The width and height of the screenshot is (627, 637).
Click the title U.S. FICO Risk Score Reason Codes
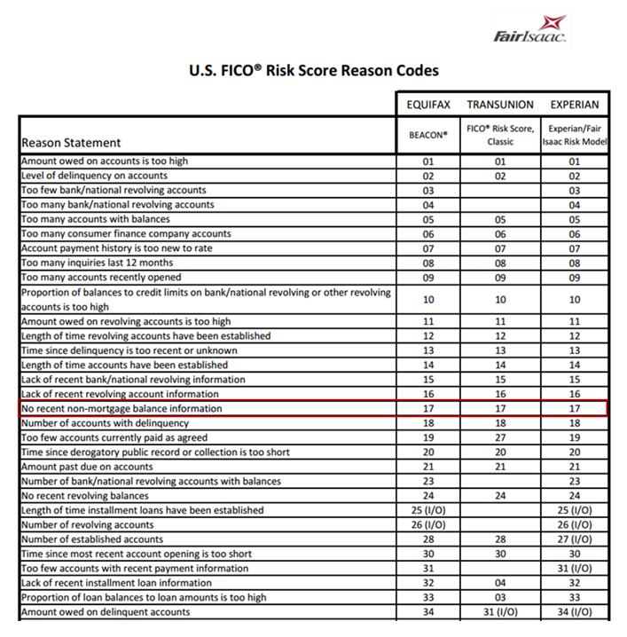[314, 70]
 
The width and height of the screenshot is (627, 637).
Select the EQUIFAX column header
[428, 105]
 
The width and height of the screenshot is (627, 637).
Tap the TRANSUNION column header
[500, 105]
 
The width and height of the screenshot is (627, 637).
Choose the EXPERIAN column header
[574, 105]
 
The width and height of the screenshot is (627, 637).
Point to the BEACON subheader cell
[428, 135]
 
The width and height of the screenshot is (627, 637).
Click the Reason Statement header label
[71, 143]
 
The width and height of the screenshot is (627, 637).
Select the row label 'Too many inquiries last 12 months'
[97, 263]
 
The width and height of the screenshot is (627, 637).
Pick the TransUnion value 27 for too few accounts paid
[500, 438]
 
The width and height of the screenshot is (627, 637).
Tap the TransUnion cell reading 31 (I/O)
[500, 612]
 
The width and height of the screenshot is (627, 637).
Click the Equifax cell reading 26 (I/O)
[428, 525]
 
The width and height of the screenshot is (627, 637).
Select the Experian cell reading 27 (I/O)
[574, 539]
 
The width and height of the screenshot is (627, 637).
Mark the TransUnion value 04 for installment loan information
[500, 583]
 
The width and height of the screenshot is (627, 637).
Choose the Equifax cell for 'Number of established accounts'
[428, 539]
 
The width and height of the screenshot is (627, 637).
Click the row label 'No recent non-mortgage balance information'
[121, 409]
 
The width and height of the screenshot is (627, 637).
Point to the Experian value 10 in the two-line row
[574, 300]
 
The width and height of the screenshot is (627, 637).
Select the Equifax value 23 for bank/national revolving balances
[428, 482]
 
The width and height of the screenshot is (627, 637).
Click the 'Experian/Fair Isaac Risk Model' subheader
[574, 135]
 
